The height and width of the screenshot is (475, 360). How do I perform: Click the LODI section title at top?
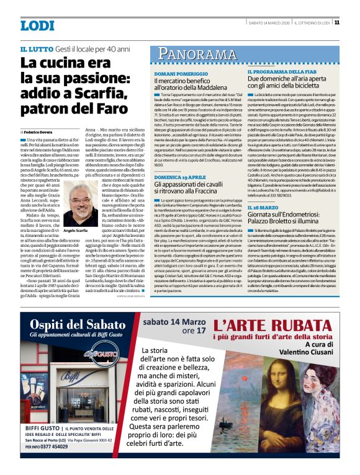tap(37, 25)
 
